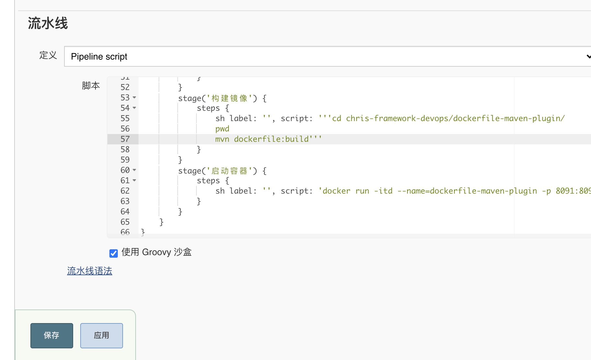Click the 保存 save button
[x=52, y=335]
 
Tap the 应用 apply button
[x=102, y=335]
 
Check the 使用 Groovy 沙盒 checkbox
[x=114, y=253]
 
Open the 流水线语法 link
[x=90, y=271]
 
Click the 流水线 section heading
[x=48, y=23]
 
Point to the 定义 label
[x=48, y=55]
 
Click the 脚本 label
[x=91, y=85]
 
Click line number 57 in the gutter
[x=125, y=139]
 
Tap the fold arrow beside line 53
[x=134, y=97]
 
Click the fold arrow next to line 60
[x=134, y=170]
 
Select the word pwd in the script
[x=222, y=129]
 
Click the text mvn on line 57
[x=222, y=139]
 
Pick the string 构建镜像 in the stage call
[x=229, y=98]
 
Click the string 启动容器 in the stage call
[x=229, y=171]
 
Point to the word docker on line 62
[x=337, y=191]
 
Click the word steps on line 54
[x=208, y=108]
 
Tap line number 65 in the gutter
[x=125, y=222]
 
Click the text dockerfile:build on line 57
[x=271, y=139]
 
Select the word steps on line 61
[x=208, y=181]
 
